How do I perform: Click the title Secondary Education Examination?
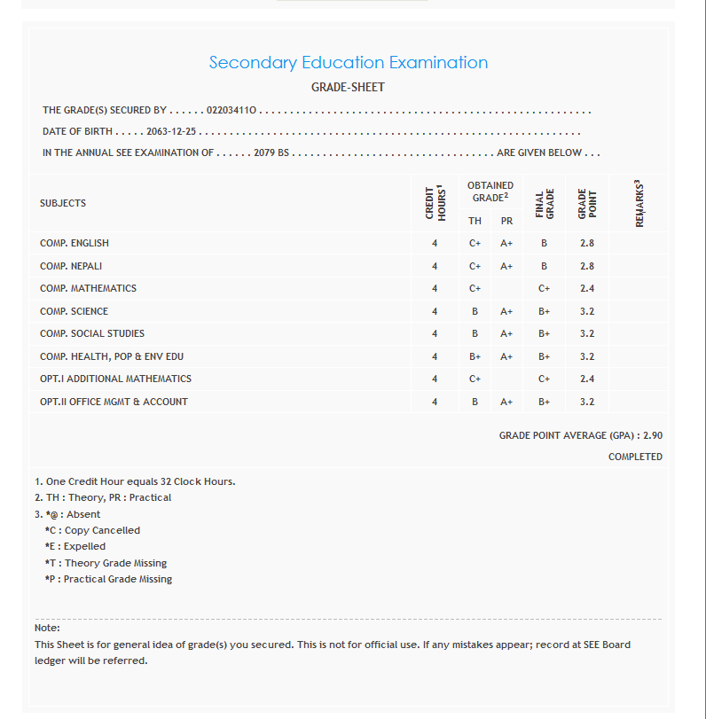point(348,63)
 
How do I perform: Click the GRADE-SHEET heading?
point(348,88)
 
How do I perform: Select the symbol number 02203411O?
point(231,111)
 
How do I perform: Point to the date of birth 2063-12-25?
point(171,132)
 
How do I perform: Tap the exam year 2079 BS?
point(271,152)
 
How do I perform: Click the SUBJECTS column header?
point(63,203)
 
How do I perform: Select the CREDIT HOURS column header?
point(435,203)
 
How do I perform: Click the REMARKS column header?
point(639,203)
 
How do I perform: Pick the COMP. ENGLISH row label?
point(75,243)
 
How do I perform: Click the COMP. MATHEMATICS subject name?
point(88,288)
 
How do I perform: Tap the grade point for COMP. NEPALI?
point(586,266)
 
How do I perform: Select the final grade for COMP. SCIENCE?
point(544,311)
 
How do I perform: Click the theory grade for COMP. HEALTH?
point(475,356)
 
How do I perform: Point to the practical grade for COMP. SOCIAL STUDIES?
point(506,333)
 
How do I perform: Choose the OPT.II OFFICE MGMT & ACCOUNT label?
point(114,402)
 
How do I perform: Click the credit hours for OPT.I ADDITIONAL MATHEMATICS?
point(435,379)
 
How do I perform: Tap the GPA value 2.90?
point(652,435)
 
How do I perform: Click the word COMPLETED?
point(635,457)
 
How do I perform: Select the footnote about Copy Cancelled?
point(92,530)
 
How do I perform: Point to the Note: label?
point(47,629)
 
